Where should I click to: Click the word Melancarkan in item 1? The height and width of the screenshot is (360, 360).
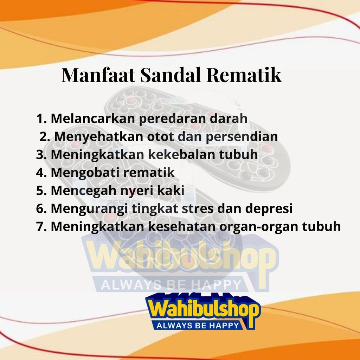pos(93,118)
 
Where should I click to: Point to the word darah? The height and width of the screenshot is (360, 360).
pos(229,118)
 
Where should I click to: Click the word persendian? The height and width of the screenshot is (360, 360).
pos(242,137)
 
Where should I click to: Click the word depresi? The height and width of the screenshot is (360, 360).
pos(269,209)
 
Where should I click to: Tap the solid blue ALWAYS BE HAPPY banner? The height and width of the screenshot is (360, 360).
pos(197,325)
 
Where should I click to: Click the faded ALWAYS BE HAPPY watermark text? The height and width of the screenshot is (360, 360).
pos(171,285)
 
